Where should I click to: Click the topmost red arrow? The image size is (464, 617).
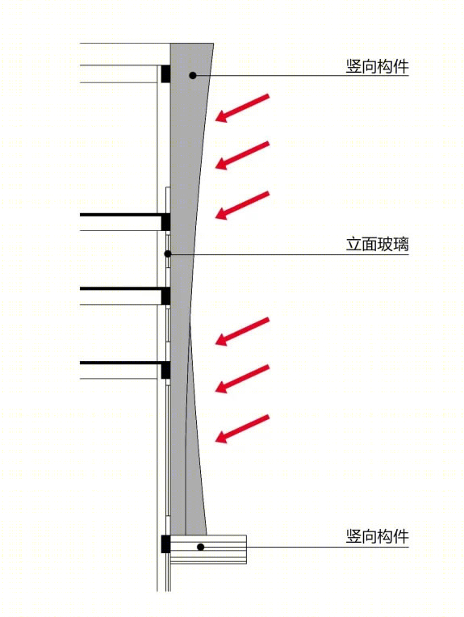click(x=242, y=108)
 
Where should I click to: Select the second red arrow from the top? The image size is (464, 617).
click(x=242, y=155)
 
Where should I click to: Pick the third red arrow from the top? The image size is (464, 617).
click(x=242, y=205)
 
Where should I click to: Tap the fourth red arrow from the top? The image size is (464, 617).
click(x=242, y=331)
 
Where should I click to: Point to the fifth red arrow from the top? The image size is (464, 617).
click(x=242, y=379)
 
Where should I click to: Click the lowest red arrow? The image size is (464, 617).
click(x=242, y=429)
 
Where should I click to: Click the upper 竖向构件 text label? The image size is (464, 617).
click(x=378, y=66)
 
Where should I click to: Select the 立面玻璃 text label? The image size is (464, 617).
click(x=378, y=245)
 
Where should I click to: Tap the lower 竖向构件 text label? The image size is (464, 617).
click(x=378, y=536)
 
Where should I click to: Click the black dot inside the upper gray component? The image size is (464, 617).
click(x=193, y=75)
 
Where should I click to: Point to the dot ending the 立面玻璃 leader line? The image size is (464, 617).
click(x=168, y=254)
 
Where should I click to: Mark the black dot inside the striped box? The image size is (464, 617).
click(x=201, y=547)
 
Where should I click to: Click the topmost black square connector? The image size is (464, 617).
click(x=165, y=73)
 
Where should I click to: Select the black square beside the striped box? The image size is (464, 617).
click(x=165, y=544)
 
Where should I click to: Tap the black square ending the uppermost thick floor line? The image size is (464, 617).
click(x=165, y=222)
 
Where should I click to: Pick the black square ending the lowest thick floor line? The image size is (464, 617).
click(x=165, y=370)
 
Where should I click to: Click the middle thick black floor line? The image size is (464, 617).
click(x=121, y=289)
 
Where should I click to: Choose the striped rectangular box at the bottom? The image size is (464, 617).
click(x=208, y=549)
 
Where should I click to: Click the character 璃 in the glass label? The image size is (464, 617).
click(x=401, y=245)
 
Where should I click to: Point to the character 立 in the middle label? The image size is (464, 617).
click(x=353, y=245)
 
